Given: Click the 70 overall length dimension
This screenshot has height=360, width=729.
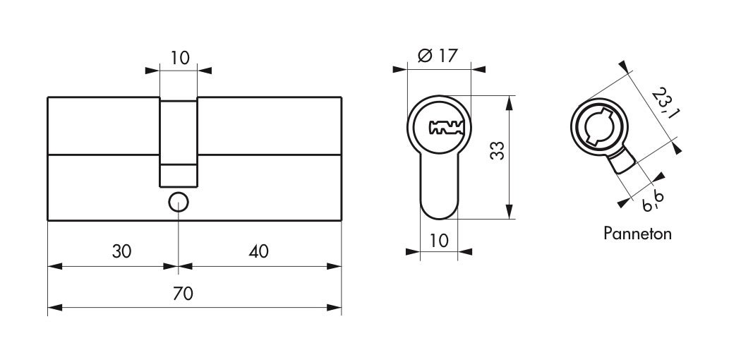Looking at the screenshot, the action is coord(183,294).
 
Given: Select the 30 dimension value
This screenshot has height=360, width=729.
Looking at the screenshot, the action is coord(122,251).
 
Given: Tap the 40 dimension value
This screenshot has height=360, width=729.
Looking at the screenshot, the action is coord(258,251).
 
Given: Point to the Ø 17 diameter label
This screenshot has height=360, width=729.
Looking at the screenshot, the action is coord(438,56).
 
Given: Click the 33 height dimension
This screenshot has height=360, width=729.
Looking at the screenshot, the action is coord(498,150).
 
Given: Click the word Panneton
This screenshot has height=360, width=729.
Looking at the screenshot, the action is coord(637,233).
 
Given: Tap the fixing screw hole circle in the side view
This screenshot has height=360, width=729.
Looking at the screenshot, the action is coord(178,203).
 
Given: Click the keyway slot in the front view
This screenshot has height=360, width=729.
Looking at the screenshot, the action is coord(446,128).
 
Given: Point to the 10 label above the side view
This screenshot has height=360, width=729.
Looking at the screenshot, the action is coord(180,58).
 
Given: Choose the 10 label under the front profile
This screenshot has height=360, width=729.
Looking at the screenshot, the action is coord(439,241).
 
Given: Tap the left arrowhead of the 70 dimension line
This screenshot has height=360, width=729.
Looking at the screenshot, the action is coord(55,308).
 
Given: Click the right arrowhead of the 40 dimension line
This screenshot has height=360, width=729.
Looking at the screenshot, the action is coord(335,267).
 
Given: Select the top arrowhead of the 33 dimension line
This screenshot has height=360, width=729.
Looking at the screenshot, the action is coord(510,103).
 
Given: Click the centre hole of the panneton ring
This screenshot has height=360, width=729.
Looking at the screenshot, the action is coord(599,126).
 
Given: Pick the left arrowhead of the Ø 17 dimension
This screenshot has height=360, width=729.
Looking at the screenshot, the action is coord(399,70).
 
